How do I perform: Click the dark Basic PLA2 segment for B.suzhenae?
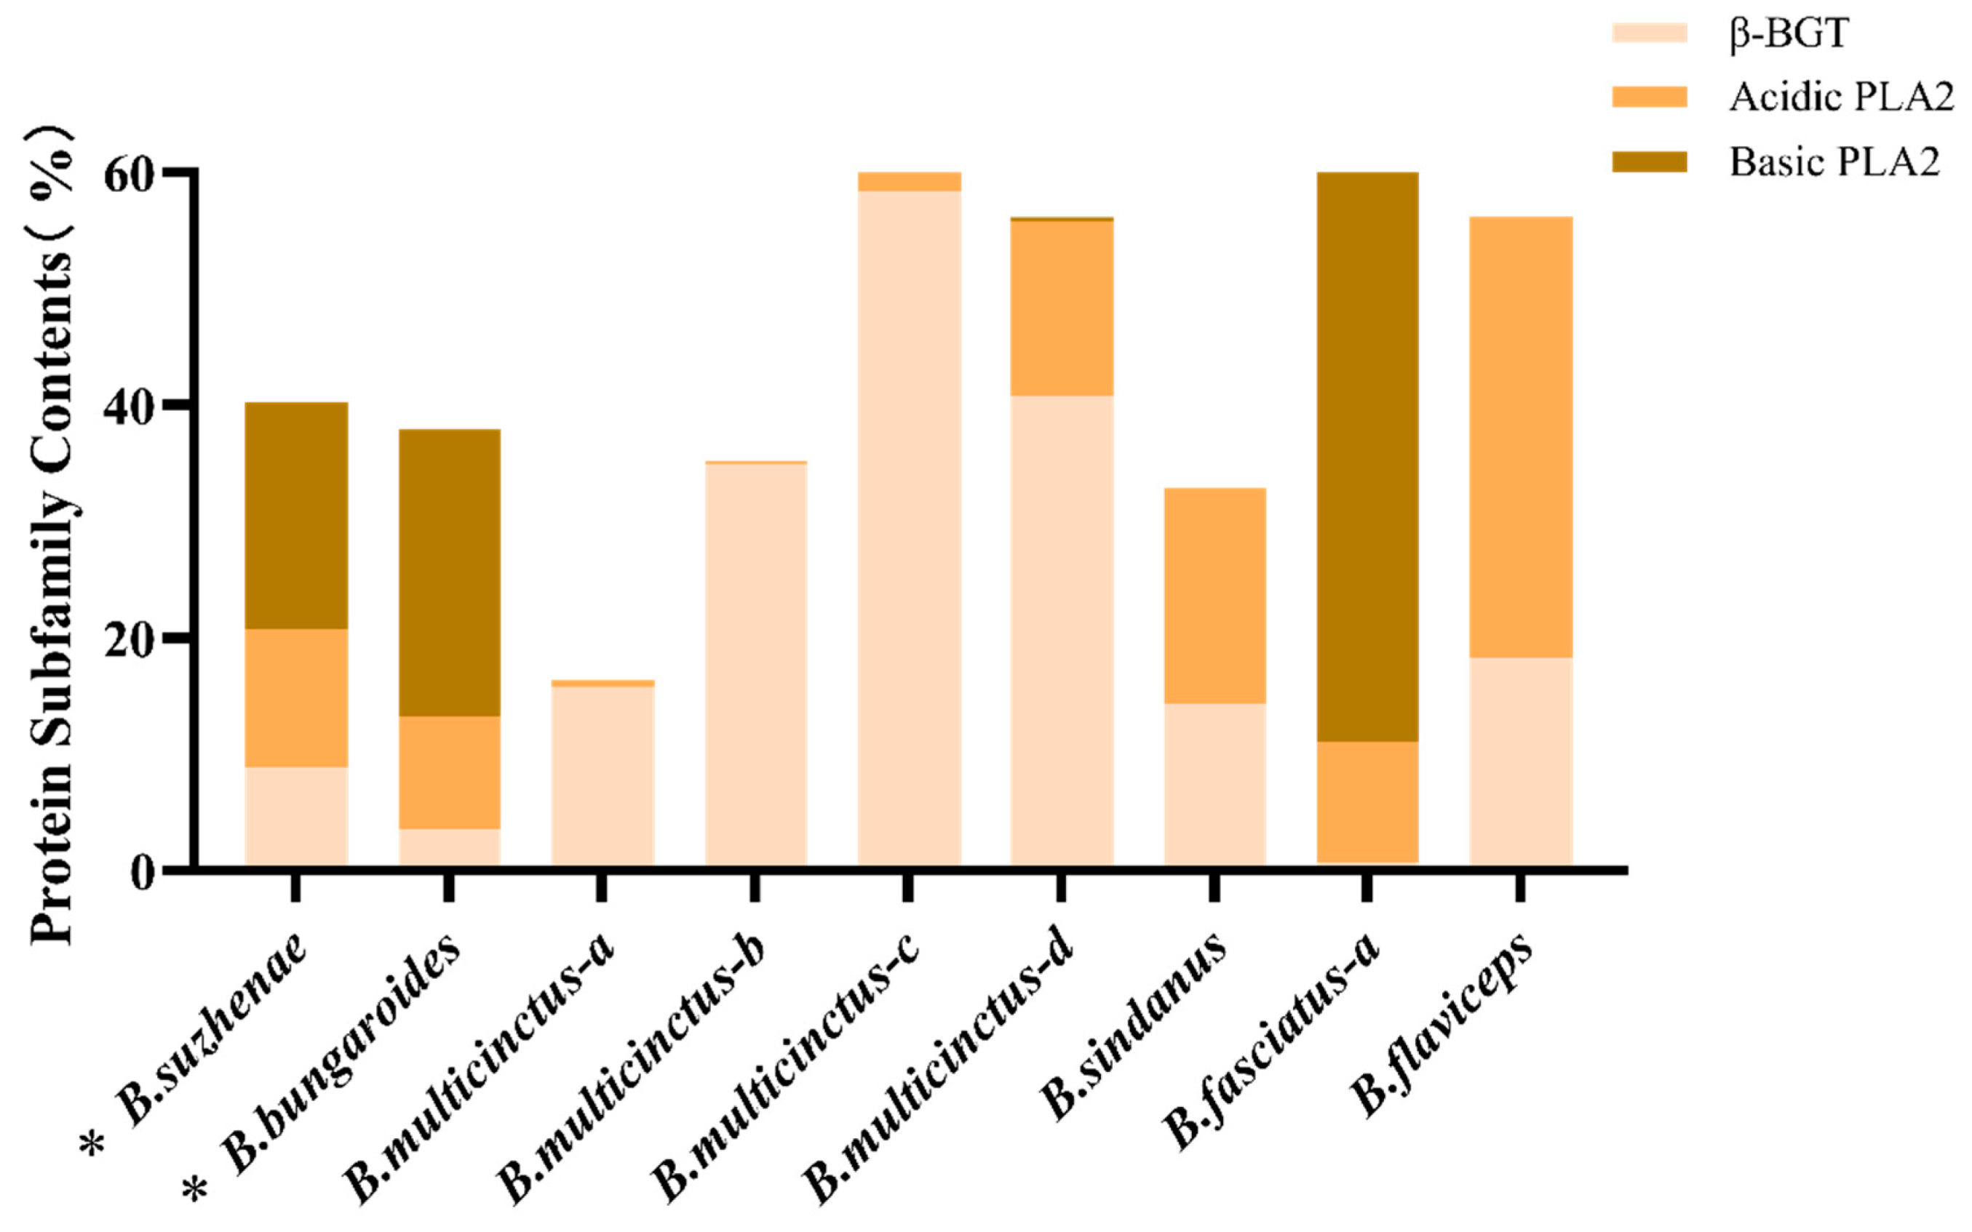[296, 515]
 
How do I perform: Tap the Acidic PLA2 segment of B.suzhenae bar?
[296, 697]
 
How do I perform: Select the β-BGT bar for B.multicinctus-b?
[756, 665]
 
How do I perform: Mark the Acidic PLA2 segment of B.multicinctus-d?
[1062, 308]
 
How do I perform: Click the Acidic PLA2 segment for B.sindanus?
[1214, 596]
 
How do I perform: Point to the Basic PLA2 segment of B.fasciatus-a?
[1367, 456]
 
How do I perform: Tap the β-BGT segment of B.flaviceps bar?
[1520, 762]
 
